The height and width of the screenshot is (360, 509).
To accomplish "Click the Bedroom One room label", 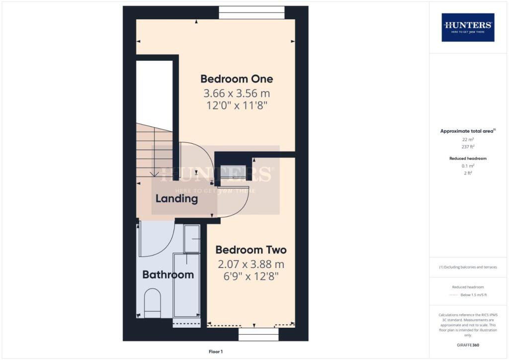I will click(237, 79).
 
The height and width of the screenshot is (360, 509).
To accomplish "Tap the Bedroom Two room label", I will click(251, 250).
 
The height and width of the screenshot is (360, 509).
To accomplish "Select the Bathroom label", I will click(168, 274).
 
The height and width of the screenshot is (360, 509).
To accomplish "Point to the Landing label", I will click(176, 199).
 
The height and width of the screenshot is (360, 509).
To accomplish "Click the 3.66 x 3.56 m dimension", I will click(237, 93).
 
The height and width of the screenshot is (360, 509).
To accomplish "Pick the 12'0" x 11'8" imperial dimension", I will click(237, 105).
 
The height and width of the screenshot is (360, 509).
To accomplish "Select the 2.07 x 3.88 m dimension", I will click(251, 264).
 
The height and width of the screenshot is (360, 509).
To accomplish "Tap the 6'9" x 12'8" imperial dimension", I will click(251, 276).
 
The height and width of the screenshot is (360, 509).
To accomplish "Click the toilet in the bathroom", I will click(153, 304).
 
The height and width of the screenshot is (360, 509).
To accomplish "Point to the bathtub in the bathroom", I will click(186, 286).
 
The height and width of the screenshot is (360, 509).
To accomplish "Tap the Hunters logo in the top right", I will click(468, 27).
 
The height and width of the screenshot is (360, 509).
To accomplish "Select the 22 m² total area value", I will click(468, 140).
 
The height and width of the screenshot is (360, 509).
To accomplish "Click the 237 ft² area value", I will click(468, 146).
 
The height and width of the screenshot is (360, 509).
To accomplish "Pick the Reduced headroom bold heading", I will click(468, 158).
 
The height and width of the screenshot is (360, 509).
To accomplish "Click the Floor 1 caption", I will click(216, 352).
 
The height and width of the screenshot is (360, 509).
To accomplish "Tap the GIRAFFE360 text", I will click(468, 345).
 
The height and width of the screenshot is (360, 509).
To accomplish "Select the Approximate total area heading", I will click(467, 131).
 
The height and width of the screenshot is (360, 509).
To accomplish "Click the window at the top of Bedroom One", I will click(252, 12).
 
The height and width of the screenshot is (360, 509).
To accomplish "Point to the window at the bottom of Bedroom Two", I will click(258, 334).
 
